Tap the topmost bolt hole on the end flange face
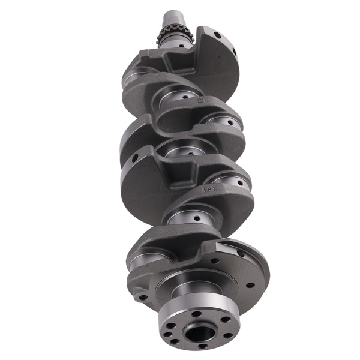[x=196, y=314]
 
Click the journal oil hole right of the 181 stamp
[x=242, y=184]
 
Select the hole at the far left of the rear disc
[x=142, y=296]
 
